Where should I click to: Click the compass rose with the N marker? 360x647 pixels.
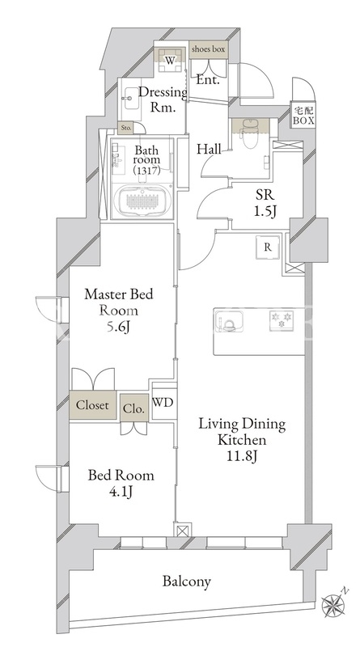point(333,605)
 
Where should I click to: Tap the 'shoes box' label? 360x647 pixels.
point(209,49)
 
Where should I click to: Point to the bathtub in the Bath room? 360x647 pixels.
point(142,201)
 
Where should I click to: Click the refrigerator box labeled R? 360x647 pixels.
point(268,247)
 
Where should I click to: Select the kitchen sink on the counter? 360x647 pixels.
point(228,321)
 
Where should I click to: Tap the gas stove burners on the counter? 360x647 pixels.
point(282,320)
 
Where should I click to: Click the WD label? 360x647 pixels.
point(163,403)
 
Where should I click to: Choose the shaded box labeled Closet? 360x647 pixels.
point(92,405)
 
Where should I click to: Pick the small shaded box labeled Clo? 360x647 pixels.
point(134,408)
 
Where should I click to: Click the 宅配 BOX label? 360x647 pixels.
point(304,116)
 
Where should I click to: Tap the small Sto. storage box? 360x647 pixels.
point(126,129)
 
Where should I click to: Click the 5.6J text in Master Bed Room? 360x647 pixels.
point(118,328)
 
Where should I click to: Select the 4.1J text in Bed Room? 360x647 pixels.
point(121,493)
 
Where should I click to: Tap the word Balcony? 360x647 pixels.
point(186,581)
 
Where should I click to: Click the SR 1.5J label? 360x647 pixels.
point(265,205)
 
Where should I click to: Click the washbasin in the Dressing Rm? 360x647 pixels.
point(130,98)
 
